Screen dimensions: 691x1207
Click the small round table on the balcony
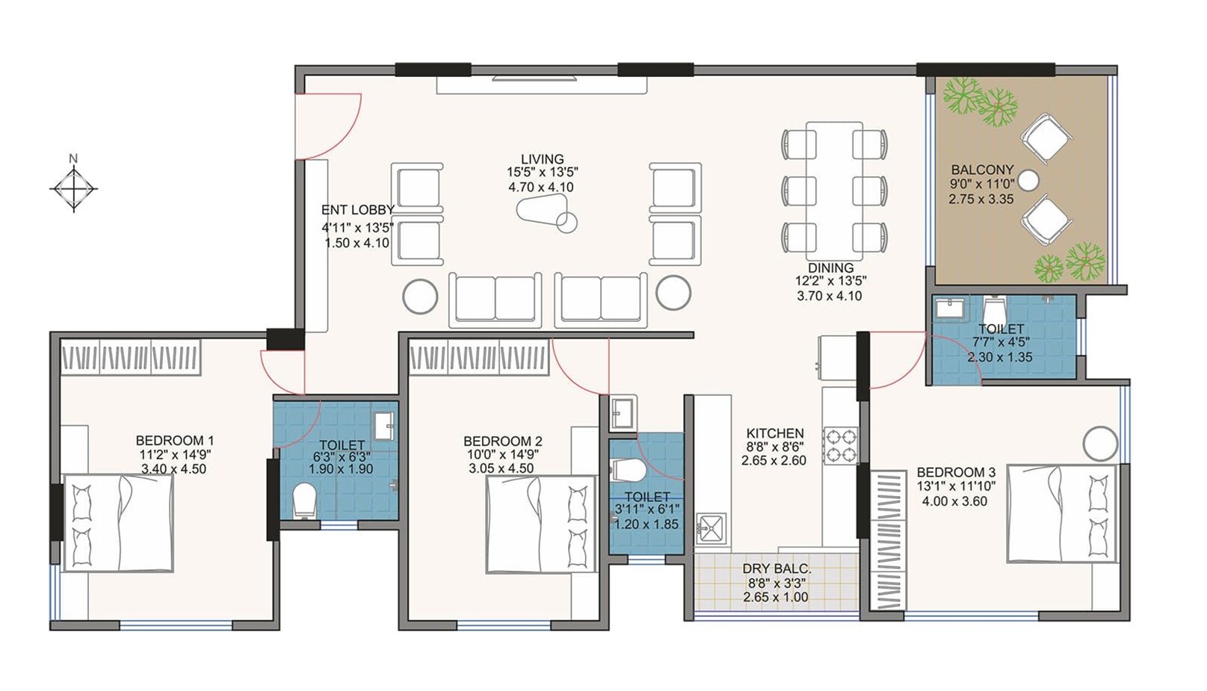point(1029,180)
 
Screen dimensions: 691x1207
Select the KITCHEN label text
point(775,433)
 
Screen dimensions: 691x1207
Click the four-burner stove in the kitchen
point(840,445)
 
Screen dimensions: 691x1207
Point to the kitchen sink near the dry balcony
point(711,527)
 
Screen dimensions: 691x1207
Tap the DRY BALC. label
point(777,569)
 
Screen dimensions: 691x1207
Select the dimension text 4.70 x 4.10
point(541,188)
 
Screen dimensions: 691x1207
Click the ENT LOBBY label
point(357,211)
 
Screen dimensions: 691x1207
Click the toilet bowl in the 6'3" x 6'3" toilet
point(305,499)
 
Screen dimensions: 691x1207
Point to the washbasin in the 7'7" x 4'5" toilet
point(949,308)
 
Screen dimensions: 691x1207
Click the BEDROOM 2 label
point(502,441)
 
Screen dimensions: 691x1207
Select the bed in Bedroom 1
point(118,522)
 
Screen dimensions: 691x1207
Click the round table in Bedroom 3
point(1101,443)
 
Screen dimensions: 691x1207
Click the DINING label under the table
point(830,267)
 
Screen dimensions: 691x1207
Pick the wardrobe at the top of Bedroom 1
point(131,357)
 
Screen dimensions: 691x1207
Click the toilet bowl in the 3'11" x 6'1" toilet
point(628,470)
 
